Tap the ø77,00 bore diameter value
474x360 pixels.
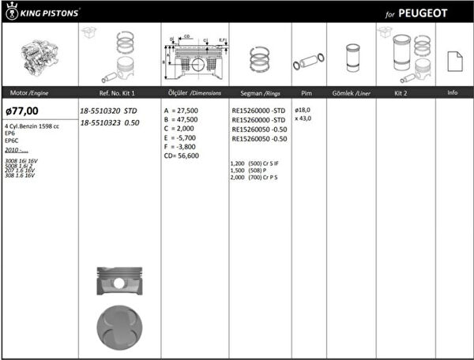[22, 111]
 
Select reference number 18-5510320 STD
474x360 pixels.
[109, 111]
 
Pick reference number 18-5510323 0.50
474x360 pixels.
[110, 122]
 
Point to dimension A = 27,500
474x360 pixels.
[181, 111]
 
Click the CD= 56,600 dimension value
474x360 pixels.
[181, 156]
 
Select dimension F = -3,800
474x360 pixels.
[180, 147]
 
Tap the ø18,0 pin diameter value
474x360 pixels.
[303, 110]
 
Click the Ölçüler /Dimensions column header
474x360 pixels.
[194, 93]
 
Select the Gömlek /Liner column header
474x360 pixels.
[352, 93]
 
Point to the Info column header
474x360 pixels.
[453, 93]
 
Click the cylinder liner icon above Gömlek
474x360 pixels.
[352, 58]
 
